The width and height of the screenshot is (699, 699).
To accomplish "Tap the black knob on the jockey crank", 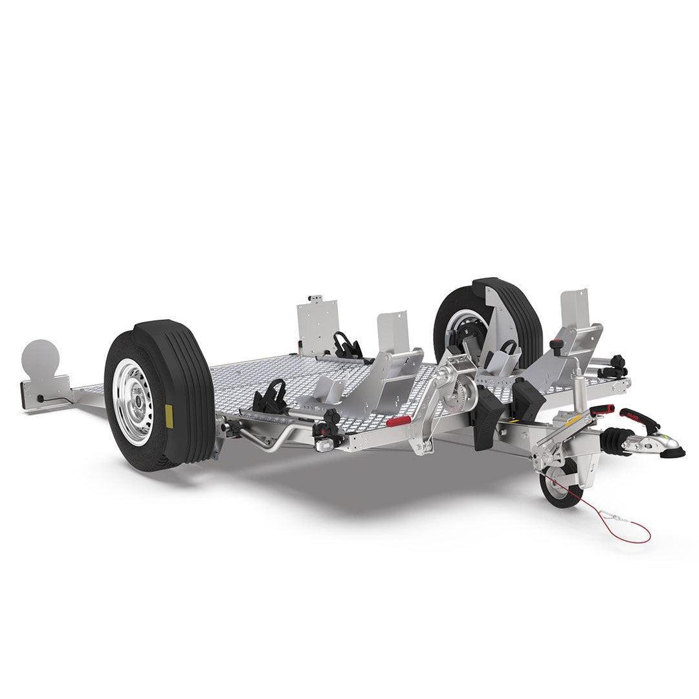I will (x=556, y=344).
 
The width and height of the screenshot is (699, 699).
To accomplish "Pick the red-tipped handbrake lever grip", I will (x=603, y=410).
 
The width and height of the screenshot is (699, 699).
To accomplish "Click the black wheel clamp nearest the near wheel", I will (x=271, y=397).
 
